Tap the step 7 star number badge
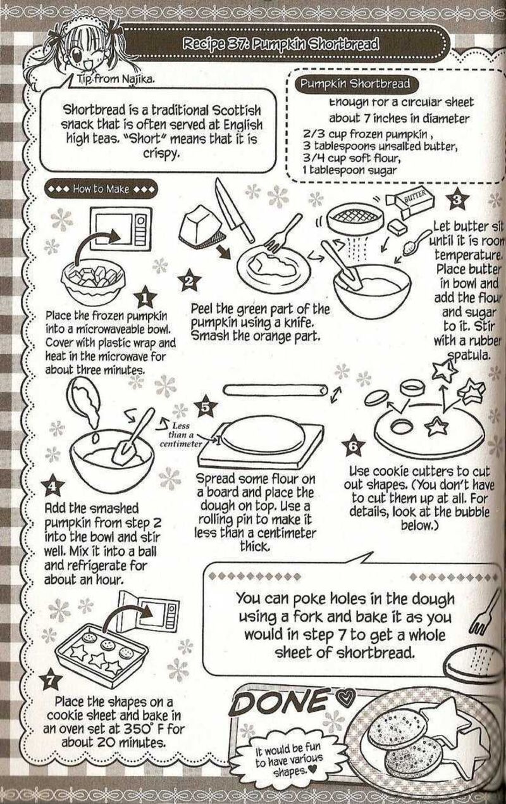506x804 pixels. (50, 681)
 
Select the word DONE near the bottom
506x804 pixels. (283, 701)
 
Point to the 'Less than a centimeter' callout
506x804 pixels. (180, 434)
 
